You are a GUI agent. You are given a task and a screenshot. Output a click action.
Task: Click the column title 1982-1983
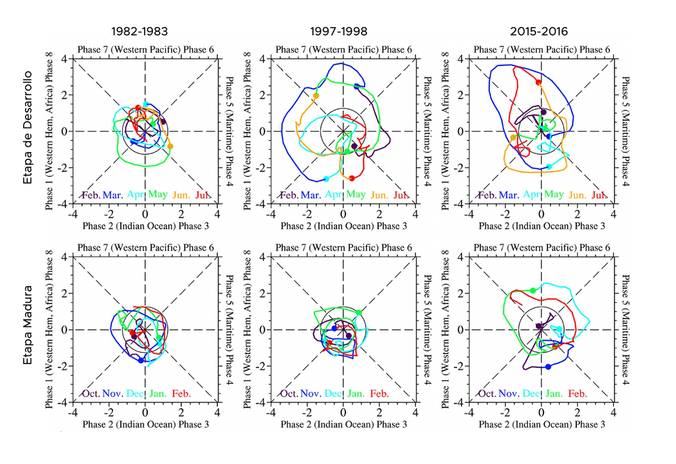(x=139, y=31)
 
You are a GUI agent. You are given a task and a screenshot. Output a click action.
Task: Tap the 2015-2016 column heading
(x=539, y=31)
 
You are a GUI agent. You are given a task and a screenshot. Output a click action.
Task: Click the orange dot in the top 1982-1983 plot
(x=170, y=146)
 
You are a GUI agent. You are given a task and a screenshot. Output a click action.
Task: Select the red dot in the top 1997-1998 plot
(x=352, y=178)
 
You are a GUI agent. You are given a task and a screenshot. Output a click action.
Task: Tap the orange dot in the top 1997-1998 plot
(x=316, y=96)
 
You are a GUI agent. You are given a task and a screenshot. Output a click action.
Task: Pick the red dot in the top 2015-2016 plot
(x=539, y=83)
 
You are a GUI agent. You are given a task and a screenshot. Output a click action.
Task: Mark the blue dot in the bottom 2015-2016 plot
(x=548, y=367)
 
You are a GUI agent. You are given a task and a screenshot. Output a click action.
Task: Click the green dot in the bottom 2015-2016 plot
(x=533, y=290)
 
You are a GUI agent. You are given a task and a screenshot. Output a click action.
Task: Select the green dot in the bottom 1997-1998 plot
(x=358, y=312)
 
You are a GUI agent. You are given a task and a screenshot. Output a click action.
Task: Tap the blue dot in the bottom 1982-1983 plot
(x=141, y=360)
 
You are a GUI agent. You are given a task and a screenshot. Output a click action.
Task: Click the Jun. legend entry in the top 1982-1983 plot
(x=182, y=195)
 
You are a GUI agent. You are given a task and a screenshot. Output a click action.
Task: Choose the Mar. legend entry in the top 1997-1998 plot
(x=310, y=195)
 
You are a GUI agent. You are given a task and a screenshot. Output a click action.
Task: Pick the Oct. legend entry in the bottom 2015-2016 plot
(x=487, y=393)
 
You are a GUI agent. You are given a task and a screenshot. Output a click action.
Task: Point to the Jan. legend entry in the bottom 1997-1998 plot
(x=356, y=393)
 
